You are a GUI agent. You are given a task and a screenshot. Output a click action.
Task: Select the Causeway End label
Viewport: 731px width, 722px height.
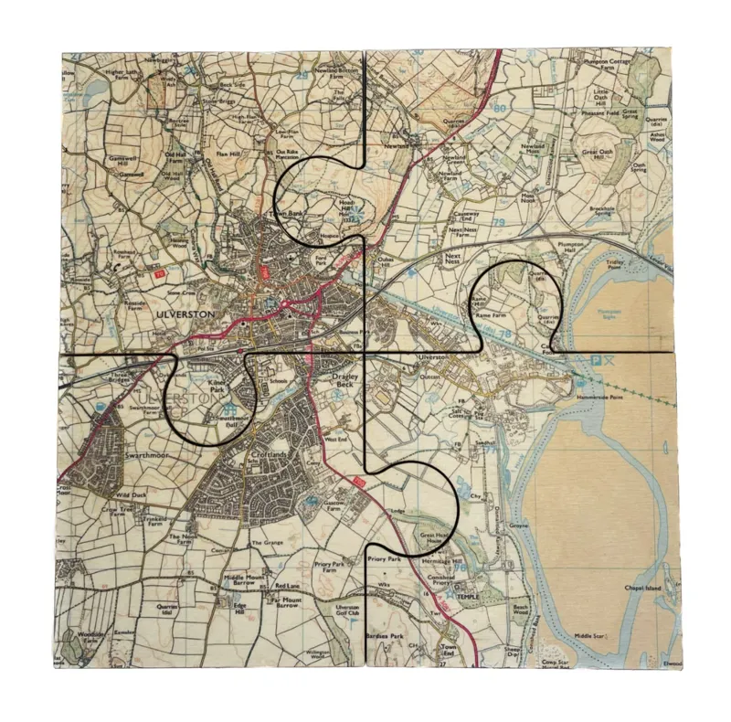pyautogui.click(x=465, y=211)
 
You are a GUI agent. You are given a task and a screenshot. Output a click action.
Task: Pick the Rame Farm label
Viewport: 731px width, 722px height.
pyautogui.click(x=483, y=313)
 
